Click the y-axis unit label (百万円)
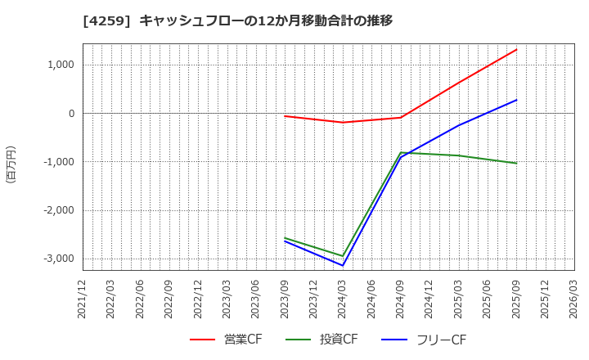click(x=11, y=164)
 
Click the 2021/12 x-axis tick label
click(x=83, y=299)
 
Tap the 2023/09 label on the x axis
click(x=285, y=299)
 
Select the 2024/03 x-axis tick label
click(x=343, y=299)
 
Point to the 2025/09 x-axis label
click(x=516, y=299)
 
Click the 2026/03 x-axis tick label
click(x=574, y=299)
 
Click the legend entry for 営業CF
click(x=227, y=340)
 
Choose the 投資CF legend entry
click(x=322, y=340)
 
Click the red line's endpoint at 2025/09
click(x=516, y=49)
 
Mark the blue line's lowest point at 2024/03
click(x=343, y=265)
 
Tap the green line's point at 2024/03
click(x=343, y=256)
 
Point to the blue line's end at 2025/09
click(x=516, y=100)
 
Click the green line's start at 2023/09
click(x=285, y=238)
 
